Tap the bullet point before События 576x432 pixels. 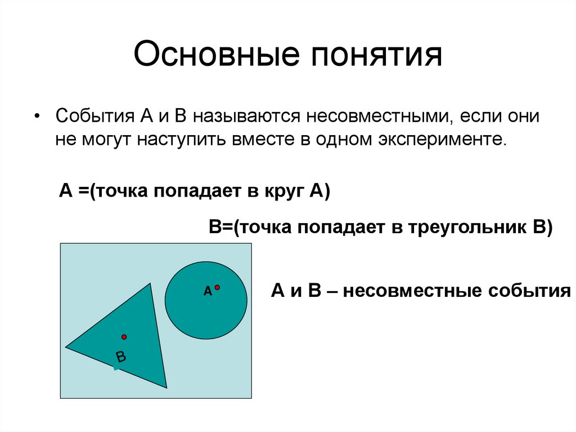(x=37, y=116)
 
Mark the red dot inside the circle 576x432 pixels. (x=217, y=287)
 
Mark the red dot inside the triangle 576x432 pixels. (x=124, y=337)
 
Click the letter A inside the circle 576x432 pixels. (x=207, y=291)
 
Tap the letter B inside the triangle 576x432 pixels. (x=121, y=357)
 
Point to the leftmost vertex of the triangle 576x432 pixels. (x=66, y=347)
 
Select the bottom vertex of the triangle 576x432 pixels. (x=166, y=388)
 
